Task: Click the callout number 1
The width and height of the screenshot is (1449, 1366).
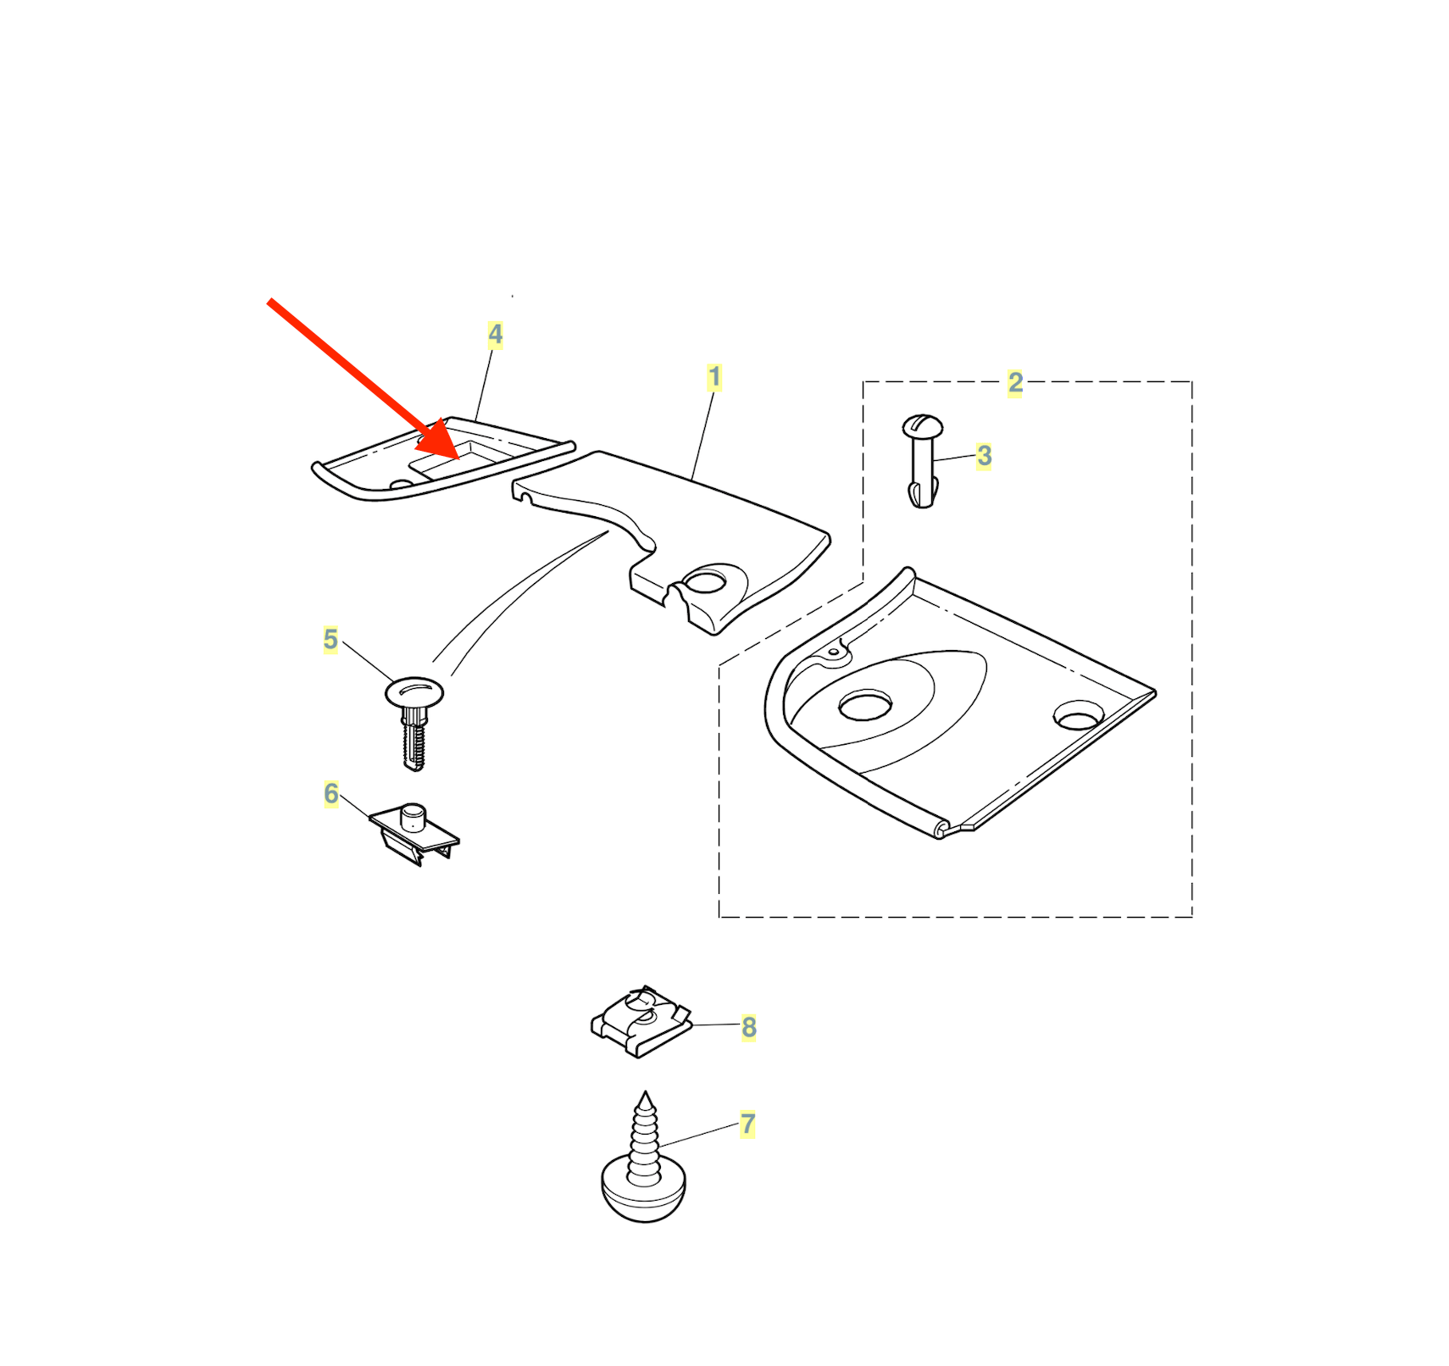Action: pos(714,378)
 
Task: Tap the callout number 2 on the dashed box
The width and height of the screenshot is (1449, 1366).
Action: pos(1015,383)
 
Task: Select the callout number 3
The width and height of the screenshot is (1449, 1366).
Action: pos(984,456)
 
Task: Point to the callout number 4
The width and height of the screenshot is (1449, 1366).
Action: pos(496,335)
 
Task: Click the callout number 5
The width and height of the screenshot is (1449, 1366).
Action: pos(330,640)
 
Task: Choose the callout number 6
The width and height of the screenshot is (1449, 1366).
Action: pos(330,794)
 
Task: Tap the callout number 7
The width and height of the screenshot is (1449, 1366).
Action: pos(747,1124)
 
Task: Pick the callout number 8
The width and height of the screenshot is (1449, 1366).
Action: pos(749,1028)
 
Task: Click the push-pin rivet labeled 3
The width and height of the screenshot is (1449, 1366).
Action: pos(922,461)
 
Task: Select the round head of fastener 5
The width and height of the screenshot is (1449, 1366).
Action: pos(414,692)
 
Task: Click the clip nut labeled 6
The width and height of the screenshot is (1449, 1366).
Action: pos(414,834)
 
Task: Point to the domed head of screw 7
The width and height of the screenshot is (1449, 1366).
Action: pos(644,1191)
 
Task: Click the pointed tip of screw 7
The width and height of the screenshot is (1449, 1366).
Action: pos(646,1092)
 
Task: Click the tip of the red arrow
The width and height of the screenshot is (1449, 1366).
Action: pos(458,458)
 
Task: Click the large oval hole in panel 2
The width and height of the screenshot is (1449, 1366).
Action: pos(865,704)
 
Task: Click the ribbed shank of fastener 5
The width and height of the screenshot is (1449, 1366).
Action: pos(413,740)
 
